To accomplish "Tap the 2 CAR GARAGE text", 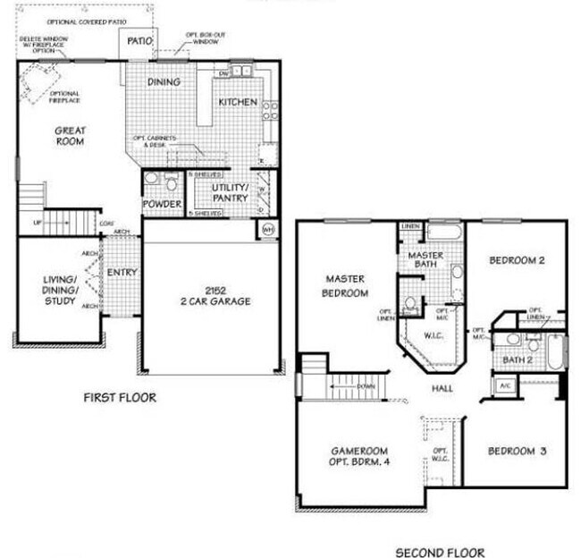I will pos(214,300).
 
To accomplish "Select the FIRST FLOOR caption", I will pos(119,397).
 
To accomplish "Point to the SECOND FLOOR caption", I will pos(440,552).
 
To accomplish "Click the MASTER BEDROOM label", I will pos(347,286).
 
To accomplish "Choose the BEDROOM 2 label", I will pos(517,260).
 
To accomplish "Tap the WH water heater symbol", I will pos(268,229).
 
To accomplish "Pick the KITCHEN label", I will pos(237,103).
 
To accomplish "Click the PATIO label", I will pos(139,41).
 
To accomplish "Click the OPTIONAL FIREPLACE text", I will pos(65,97).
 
